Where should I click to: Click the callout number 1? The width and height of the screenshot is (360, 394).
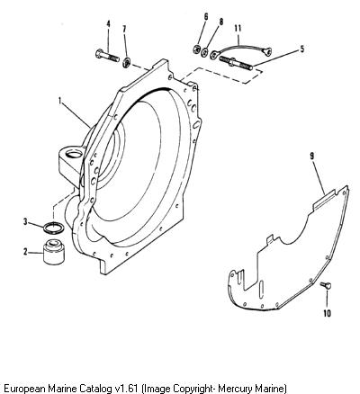tap(60, 102)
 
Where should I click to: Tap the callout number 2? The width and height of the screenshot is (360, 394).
tap(26, 252)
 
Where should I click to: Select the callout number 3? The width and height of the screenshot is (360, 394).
tap(26, 222)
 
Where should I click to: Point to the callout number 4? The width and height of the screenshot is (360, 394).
tap(108, 23)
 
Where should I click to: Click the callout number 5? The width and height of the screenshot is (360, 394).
tap(302, 49)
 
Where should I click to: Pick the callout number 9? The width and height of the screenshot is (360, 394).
tap(206, 16)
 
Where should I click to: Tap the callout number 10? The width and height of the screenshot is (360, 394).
tap(124, 29)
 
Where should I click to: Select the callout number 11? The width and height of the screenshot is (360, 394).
tap(221, 22)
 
